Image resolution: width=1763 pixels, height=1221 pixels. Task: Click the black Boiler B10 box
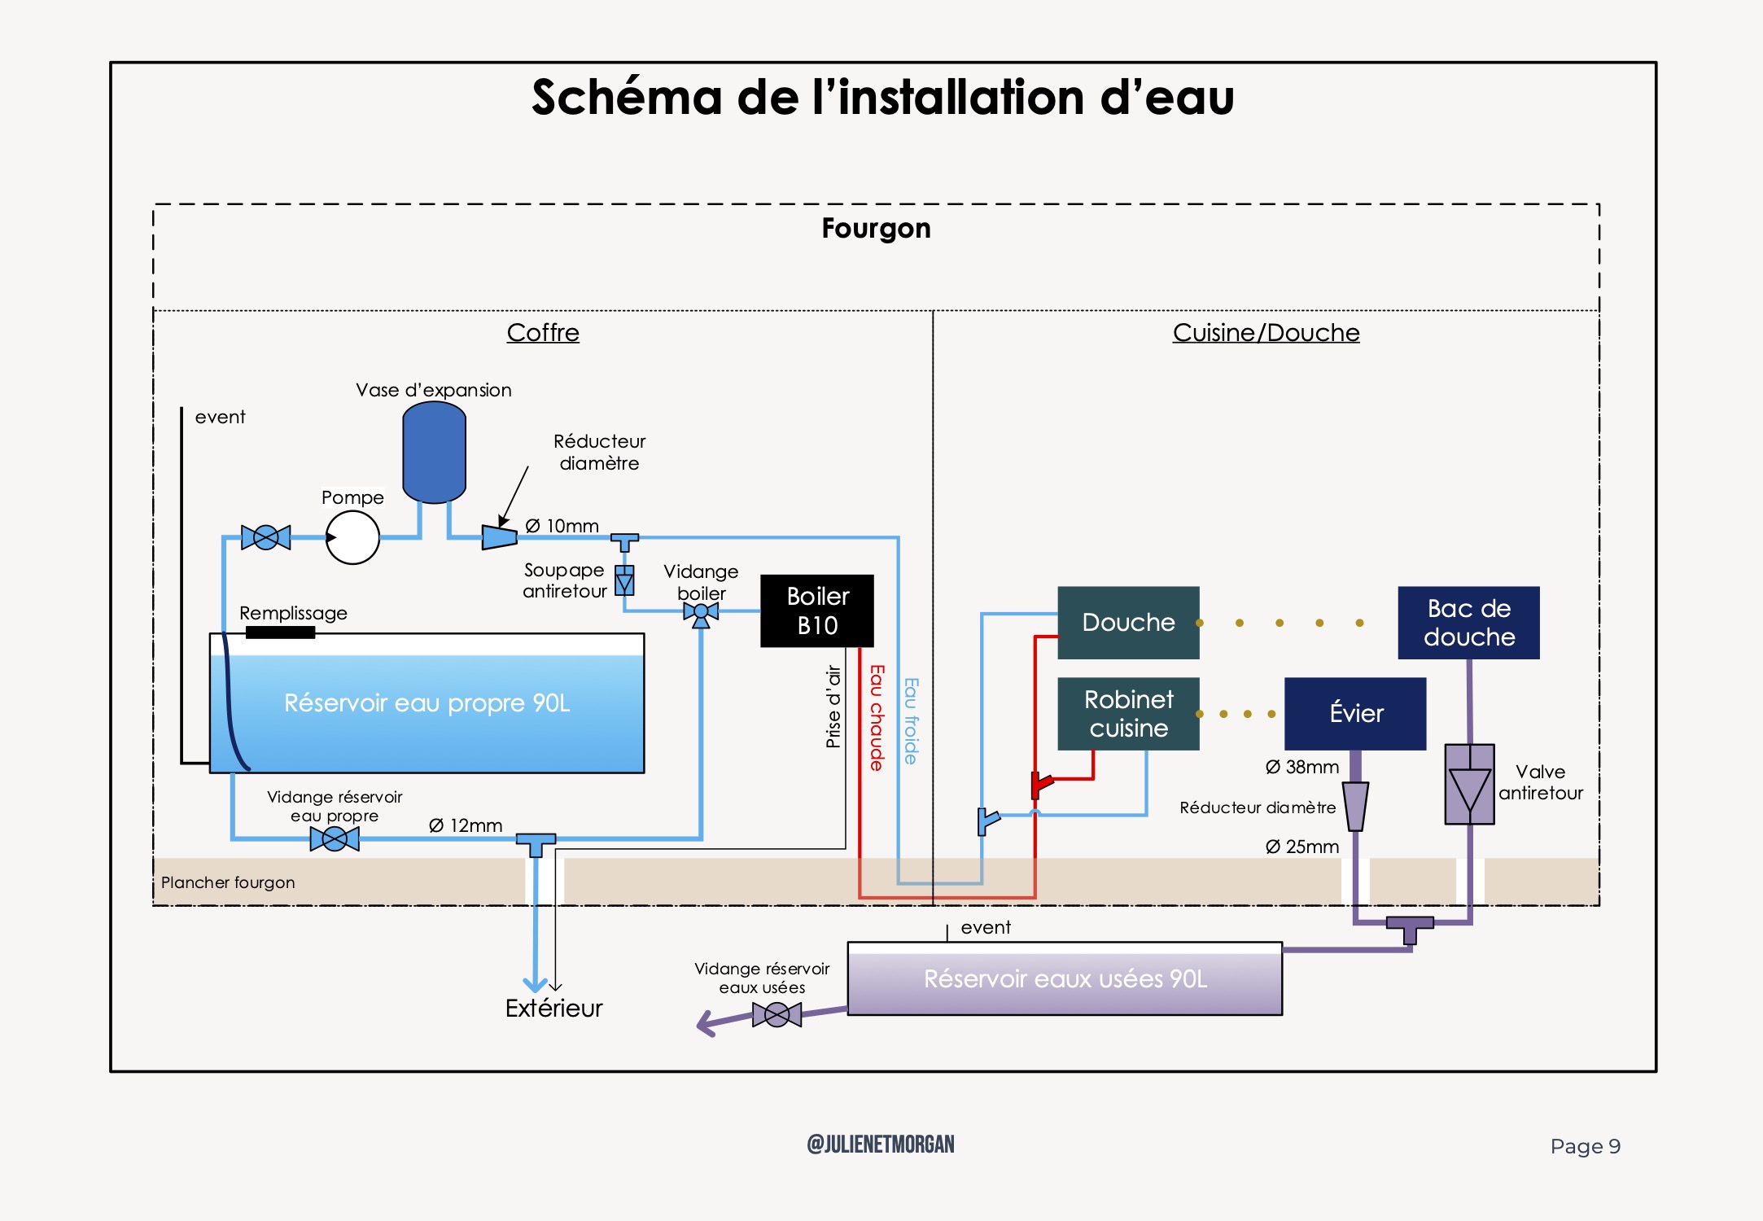(x=816, y=610)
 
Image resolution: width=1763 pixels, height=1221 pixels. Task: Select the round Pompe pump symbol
(x=352, y=537)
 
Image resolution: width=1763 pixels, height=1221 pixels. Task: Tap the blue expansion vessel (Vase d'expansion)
(x=434, y=453)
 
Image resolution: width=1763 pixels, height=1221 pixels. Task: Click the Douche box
(x=1128, y=623)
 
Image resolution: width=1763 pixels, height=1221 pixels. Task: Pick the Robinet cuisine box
(x=1128, y=714)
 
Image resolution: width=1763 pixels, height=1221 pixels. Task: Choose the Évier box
(x=1355, y=714)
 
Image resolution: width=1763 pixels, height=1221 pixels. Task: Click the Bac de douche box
(x=1468, y=623)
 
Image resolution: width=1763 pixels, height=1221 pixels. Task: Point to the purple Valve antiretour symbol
(x=1469, y=785)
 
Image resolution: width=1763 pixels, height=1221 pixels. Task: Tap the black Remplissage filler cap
(x=280, y=632)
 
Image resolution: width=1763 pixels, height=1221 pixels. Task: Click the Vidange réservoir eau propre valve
(x=335, y=838)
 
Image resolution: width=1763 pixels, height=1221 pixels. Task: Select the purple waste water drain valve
(x=777, y=1014)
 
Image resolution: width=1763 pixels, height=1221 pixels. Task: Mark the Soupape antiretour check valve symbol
(x=624, y=581)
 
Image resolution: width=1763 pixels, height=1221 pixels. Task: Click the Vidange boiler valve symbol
(x=701, y=612)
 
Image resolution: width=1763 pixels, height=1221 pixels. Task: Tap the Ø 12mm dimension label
(x=466, y=825)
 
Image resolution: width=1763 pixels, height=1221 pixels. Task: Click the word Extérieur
(x=553, y=1009)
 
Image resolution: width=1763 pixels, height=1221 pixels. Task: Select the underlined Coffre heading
(x=543, y=332)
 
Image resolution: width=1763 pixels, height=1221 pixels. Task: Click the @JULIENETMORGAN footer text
(x=880, y=1144)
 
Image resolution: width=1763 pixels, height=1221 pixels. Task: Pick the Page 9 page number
(x=1585, y=1146)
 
